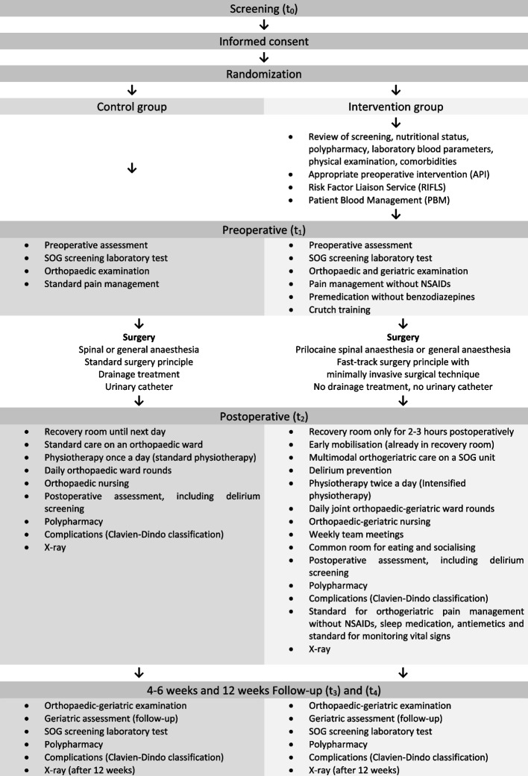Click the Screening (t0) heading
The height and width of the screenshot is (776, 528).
coord(263,9)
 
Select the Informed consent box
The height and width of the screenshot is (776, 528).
coord(263,41)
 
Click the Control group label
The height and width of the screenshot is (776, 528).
coord(132,106)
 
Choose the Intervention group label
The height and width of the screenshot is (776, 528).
coord(395,106)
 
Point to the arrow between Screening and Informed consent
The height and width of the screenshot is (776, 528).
coord(263,25)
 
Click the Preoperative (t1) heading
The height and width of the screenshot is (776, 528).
coord(263,230)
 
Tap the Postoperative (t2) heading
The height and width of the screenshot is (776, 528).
coord(263,416)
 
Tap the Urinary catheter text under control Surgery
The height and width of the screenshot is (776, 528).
coord(132,386)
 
